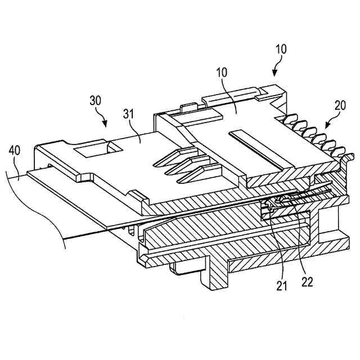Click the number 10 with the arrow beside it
coord(281,48)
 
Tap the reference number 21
coord(281,285)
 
